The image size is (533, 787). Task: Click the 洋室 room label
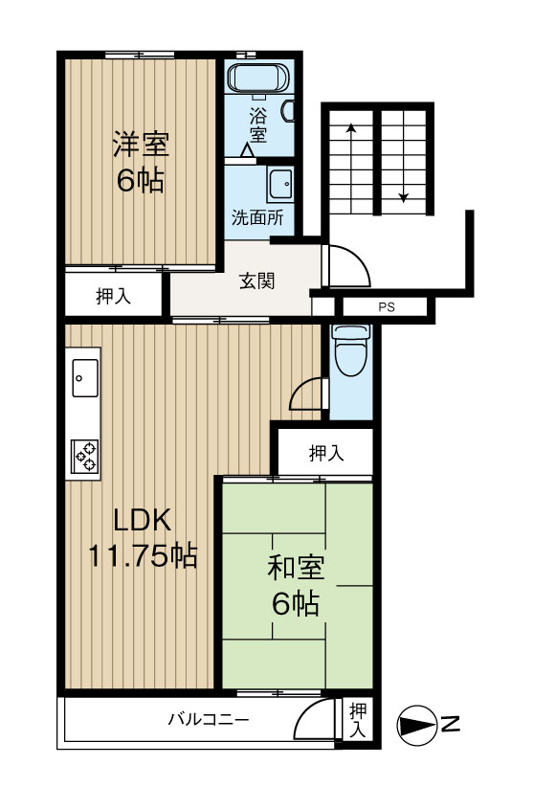point(141,146)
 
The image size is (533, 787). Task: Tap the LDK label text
point(142,520)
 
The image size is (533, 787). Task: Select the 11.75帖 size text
point(143,555)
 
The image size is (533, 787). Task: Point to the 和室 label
point(296,569)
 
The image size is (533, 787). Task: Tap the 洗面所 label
point(257,216)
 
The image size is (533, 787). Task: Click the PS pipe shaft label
point(386,307)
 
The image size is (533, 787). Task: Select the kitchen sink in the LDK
point(83,377)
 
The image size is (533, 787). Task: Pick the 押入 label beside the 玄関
point(114,298)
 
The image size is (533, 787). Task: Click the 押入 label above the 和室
point(326,454)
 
